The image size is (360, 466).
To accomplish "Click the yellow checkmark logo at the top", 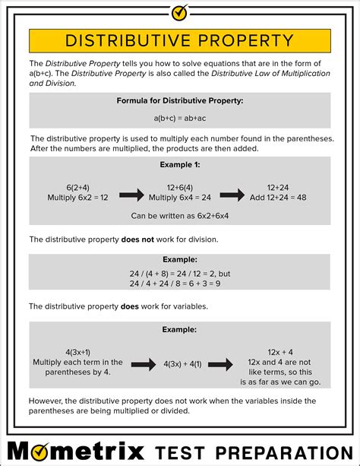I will point(179,12).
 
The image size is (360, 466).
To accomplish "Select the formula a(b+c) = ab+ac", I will point(179,118).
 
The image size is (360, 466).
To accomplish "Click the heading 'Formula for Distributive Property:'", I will point(179,100).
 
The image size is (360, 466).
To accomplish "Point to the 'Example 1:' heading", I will point(179,164).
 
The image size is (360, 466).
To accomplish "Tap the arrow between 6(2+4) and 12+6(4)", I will point(131,195).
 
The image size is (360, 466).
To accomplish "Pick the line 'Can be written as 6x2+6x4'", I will point(180,216).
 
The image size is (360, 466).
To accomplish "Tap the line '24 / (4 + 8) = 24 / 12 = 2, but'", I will point(180,274).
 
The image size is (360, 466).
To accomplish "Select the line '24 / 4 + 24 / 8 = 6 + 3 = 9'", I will point(180,284).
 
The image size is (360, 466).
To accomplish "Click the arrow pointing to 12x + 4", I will point(220,366).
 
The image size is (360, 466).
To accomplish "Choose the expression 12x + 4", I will point(281,351).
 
